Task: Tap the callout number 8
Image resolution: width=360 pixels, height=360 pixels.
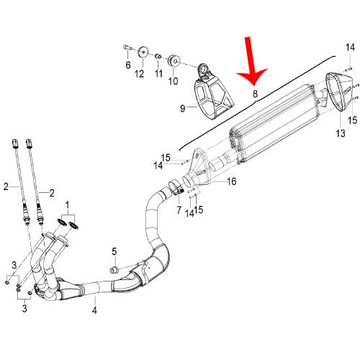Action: [254, 94]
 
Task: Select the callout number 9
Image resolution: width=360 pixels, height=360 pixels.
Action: [183, 109]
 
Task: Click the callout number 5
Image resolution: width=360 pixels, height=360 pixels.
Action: [113, 251]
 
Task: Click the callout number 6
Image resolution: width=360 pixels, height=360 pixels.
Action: [127, 65]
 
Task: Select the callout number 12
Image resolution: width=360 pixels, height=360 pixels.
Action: [140, 73]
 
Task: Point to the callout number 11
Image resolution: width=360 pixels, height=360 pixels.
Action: [158, 74]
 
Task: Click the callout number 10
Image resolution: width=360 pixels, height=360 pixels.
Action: [173, 81]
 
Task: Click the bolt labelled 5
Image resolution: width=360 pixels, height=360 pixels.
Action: [113, 269]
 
